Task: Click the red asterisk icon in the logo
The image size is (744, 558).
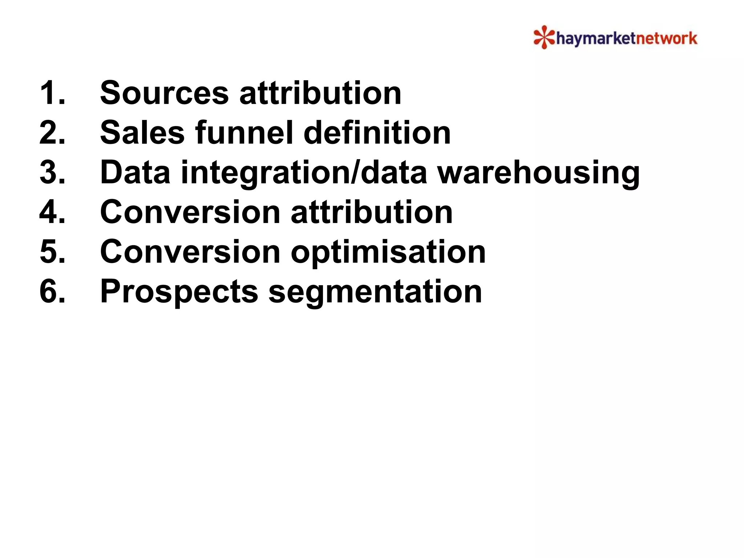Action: [544, 37]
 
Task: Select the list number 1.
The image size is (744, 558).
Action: [52, 93]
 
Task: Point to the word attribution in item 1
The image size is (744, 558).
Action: [320, 93]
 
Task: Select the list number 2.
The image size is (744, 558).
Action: [52, 133]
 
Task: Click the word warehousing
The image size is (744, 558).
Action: [538, 173]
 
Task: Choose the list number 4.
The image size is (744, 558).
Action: [52, 212]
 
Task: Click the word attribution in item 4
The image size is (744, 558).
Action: [372, 212]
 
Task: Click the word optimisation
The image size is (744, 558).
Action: [388, 252]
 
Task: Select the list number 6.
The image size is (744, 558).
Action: [52, 291]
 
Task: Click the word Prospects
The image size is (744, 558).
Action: [179, 292]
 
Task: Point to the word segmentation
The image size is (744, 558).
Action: [375, 292]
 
